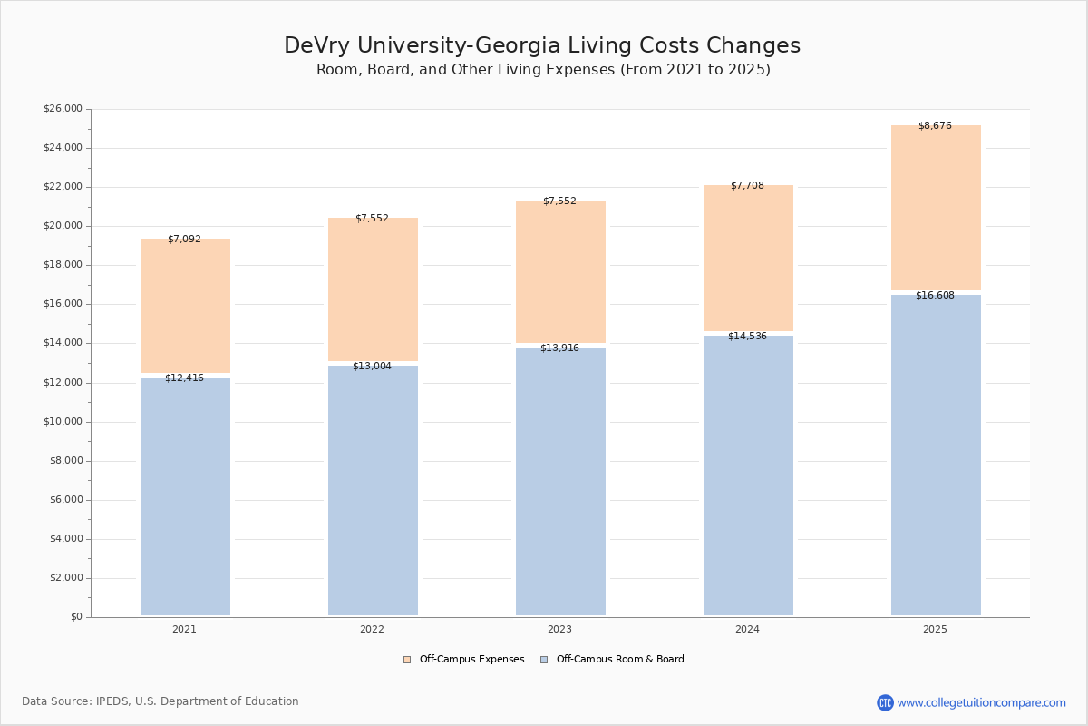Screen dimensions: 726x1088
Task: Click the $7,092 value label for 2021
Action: (x=184, y=240)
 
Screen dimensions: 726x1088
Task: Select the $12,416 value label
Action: (x=184, y=378)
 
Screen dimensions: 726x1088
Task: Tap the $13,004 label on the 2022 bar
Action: (x=372, y=366)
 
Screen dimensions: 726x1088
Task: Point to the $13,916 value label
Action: (x=559, y=348)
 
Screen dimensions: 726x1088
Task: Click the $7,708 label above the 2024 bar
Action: (x=747, y=185)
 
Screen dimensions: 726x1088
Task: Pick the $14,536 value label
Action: (x=747, y=336)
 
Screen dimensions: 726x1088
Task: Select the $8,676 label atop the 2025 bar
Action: (x=935, y=125)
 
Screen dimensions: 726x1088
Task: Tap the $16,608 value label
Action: (x=935, y=295)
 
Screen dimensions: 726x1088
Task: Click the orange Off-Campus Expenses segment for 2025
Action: (x=936, y=209)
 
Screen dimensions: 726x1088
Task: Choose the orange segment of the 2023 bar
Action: (x=560, y=272)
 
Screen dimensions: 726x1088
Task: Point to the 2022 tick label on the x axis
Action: (x=372, y=630)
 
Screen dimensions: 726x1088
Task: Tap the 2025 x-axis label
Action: (x=935, y=630)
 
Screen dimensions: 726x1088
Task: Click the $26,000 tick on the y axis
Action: (x=63, y=109)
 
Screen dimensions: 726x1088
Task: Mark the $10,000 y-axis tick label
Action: (x=63, y=422)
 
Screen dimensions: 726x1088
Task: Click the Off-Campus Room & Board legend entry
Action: (x=619, y=660)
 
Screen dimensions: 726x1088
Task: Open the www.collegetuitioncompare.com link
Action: (x=981, y=702)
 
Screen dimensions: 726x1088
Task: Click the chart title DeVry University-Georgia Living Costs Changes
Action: (x=542, y=45)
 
